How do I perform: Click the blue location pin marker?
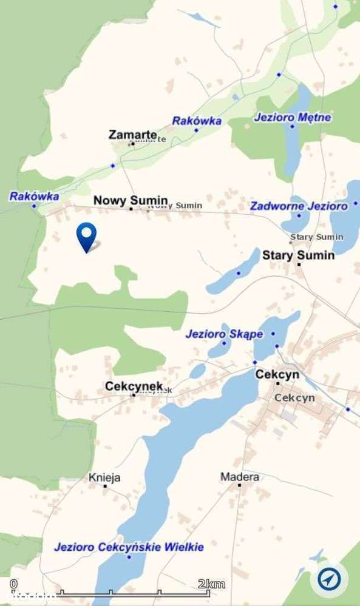(86, 235)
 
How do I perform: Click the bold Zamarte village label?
(133, 134)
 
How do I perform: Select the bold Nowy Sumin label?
(130, 200)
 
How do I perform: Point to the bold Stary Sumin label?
(298, 255)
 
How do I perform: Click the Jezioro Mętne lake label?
(293, 117)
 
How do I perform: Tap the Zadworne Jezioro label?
(299, 206)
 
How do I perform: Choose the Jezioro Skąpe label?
(224, 334)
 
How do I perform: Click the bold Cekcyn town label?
(277, 374)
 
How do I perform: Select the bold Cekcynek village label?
(134, 386)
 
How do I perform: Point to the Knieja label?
(104, 477)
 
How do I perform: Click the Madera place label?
(239, 477)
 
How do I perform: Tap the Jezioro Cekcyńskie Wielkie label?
(129, 547)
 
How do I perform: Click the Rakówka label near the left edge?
(34, 196)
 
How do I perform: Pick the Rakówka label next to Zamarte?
(197, 121)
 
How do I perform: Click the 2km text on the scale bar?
(211, 584)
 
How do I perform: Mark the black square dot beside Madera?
(240, 485)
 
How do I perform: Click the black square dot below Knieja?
(105, 486)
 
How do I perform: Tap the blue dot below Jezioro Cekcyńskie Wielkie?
(129, 556)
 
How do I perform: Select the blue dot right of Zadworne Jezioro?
(355, 203)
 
